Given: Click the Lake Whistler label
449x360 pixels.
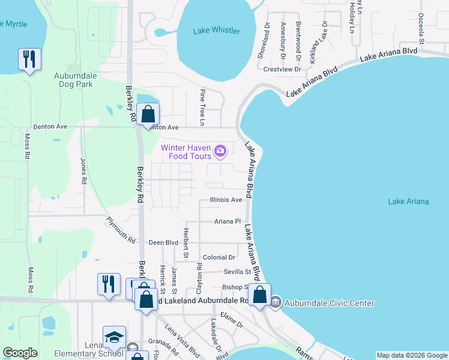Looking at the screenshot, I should click(x=217, y=31).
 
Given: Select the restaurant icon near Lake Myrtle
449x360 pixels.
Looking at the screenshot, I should click(x=28, y=59).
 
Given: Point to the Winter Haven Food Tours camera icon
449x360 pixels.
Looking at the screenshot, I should click(x=220, y=150).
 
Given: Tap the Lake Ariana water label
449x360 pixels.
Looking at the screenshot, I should click(x=408, y=202).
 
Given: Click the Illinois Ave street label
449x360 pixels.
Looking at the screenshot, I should click(x=226, y=200).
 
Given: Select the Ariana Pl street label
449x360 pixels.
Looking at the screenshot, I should click(x=228, y=221).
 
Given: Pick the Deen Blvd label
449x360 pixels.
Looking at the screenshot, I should click(x=164, y=242).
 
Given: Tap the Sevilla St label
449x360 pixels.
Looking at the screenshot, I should click(x=237, y=272).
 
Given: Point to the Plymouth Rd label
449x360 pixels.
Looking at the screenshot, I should click(x=121, y=230).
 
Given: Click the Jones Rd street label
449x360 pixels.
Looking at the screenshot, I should click(x=83, y=170).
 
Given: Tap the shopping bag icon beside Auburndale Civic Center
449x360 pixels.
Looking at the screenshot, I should click(x=259, y=295).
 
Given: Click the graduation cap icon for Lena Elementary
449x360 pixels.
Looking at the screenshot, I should click(x=113, y=338).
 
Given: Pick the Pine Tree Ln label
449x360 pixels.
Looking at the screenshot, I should click(x=203, y=108).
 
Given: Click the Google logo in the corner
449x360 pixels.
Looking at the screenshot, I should click(x=20, y=353).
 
